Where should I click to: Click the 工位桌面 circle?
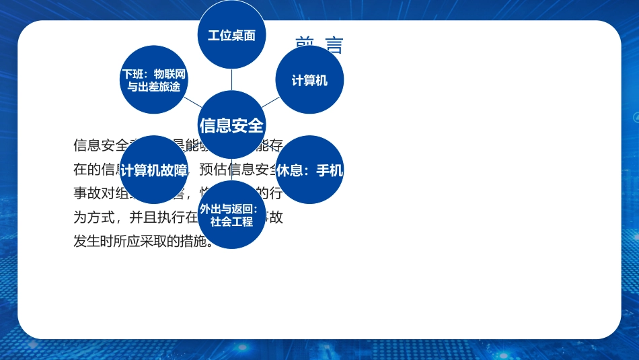(x=231, y=35)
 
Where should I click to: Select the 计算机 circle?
(x=309, y=80)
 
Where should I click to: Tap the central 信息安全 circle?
(x=231, y=125)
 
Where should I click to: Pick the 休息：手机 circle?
(x=309, y=170)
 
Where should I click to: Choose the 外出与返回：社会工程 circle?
(x=231, y=215)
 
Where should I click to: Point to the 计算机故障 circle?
(x=153, y=170)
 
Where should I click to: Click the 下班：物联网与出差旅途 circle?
(x=153, y=80)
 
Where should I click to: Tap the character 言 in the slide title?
(x=334, y=46)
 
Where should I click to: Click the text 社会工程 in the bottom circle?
(x=231, y=221)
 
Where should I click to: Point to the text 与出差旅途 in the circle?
(x=153, y=87)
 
